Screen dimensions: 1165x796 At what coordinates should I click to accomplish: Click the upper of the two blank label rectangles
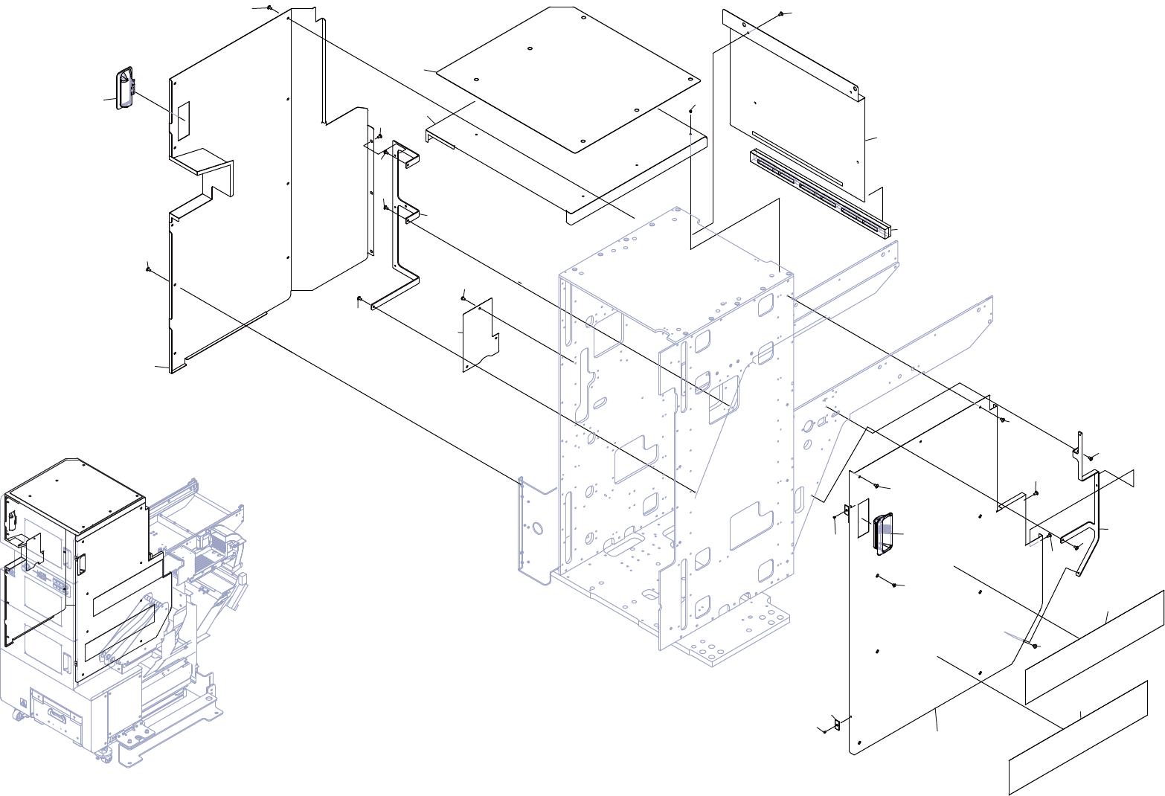point(1094,646)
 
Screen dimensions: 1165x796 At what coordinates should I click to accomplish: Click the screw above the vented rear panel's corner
point(780,14)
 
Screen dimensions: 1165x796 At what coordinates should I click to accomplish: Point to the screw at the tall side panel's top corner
point(269,9)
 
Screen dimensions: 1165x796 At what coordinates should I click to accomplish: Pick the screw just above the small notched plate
point(463,297)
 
